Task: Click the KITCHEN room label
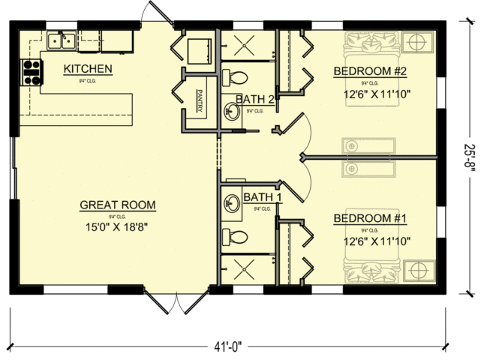[x=88, y=70]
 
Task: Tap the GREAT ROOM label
[x=119, y=205]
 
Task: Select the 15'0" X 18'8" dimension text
[x=119, y=226]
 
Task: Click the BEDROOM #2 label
[x=369, y=72]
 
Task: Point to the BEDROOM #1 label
[x=369, y=219]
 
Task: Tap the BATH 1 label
[x=262, y=198]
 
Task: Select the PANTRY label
[x=200, y=102]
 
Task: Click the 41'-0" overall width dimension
[x=227, y=346]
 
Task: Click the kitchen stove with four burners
[x=32, y=70]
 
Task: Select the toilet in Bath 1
[x=236, y=237]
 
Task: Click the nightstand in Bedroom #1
[x=414, y=269]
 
